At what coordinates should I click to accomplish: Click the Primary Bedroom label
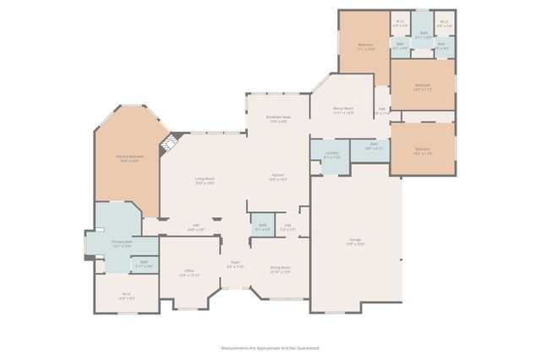tap(127, 159)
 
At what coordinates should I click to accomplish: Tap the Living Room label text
tap(205, 180)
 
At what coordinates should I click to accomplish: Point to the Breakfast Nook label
tap(278, 120)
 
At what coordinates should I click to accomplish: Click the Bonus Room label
tap(343, 110)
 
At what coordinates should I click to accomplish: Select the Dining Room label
tap(280, 270)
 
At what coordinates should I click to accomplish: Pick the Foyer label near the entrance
tap(235, 265)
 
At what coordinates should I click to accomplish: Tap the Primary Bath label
tap(122, 243)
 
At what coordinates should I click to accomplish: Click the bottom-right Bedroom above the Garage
tap(423, 151)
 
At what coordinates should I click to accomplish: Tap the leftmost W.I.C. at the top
tap(401, 23)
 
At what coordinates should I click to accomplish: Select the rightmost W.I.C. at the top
tap(445, 23)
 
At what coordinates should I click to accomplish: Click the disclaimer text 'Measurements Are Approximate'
tap(270, 347)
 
